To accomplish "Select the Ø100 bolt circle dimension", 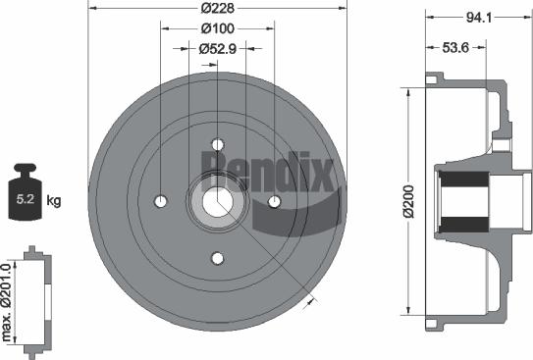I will click(216, 27).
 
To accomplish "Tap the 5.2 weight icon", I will click(24, 199).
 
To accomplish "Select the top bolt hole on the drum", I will click(218, 145).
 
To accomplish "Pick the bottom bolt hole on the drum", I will click(218, 258).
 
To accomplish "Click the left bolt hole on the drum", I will click(161, 201).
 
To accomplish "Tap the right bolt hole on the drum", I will click(274, 201).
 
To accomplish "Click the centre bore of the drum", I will click(218, 201).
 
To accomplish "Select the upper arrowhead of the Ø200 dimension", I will click(407, 91).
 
